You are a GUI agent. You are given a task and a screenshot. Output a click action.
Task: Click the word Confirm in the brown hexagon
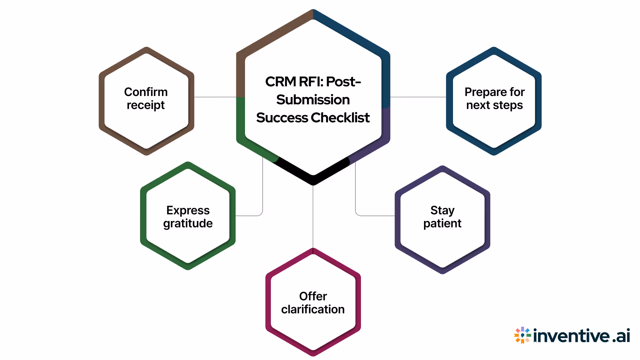tap(146, 92)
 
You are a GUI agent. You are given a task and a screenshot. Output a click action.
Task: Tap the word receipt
tap(146, 105)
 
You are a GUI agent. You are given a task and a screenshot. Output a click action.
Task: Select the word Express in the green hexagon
tap(188, 210)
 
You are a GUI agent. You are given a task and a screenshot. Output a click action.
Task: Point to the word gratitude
tap(188, 224)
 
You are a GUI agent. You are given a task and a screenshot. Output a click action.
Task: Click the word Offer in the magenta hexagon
tap(313, 296)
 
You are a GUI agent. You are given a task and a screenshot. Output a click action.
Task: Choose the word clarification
tap(313, 310)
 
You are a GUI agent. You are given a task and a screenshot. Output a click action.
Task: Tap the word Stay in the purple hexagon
tap(442, 210)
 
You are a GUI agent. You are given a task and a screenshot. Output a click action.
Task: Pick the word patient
tap(442, 224)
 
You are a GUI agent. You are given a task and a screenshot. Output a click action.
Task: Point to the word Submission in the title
tap(313, 100)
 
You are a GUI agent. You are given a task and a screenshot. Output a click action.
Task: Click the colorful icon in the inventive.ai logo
tap(522, 335)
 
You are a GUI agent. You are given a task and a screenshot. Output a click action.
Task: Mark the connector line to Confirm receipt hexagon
tap(215, 97)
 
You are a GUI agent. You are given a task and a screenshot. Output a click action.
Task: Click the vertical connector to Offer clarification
tap(313, 217)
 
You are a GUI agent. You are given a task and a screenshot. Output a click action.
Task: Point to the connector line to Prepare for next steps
tap(418, 97)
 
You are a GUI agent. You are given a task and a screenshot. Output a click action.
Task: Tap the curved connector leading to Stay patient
tap(356, 200)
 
